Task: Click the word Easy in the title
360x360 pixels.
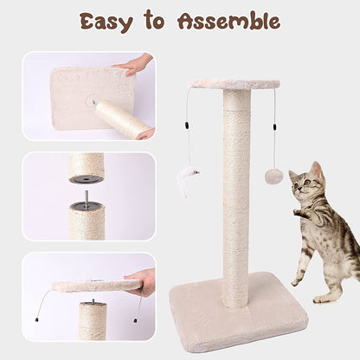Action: pos(106,22)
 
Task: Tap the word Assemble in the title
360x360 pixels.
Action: pos(229,21)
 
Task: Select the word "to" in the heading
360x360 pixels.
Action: pos(154,20)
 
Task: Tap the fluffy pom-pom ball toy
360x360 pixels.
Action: pos(273,176)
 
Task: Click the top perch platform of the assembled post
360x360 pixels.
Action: pos(235,84)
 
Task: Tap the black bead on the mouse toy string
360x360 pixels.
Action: pos(186,125)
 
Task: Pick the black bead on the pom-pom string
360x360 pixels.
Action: pos(273,126)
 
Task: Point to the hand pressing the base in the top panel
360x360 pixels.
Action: pos(133,65)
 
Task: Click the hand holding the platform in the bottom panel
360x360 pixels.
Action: pos(140,283)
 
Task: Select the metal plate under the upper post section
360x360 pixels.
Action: pos(86,179)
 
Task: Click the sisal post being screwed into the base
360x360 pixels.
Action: pos(123,119)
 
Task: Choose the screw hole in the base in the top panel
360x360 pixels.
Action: pos(93,101)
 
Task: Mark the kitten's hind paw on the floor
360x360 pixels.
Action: pos(320,299)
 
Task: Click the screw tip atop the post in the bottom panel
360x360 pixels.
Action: pos(93,301)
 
